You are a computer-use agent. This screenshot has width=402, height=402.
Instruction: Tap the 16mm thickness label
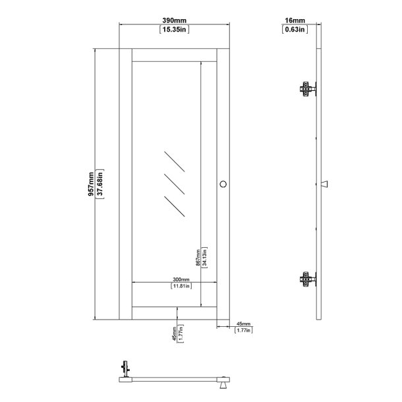click(292, 21)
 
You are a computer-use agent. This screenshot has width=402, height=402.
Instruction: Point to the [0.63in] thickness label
click(292, 30)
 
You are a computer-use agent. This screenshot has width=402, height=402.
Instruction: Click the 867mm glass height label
click(197, 256)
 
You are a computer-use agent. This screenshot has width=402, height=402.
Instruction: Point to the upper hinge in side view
click(307, 88)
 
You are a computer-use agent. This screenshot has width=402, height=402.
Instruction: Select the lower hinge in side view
click(307, 279)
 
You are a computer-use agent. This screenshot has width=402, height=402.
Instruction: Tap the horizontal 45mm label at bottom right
click(243, 323)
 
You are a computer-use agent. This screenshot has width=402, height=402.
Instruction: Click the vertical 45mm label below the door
click(173, 333)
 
